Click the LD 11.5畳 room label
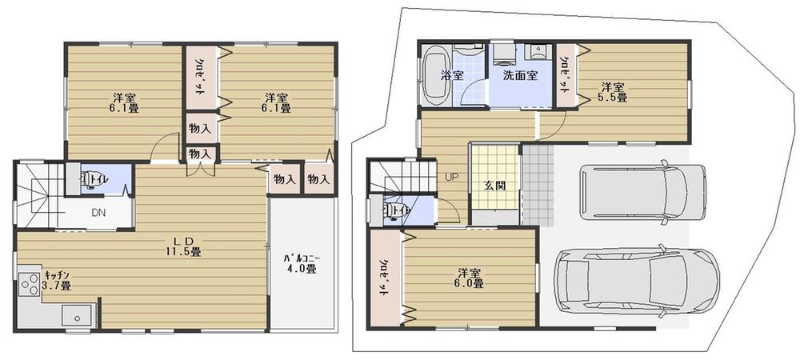click(x=182, y=246)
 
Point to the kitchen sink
click(x=78, y=316)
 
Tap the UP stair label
click(x=451, y=177)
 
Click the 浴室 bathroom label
click(x=451, y=75)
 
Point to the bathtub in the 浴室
click(x=436, y=75)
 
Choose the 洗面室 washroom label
click(x=520, y=75)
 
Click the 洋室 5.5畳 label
click(x=614, y=92)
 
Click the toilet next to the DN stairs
click(x=89, y=179)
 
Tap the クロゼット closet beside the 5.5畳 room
click(x=565, y=75)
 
